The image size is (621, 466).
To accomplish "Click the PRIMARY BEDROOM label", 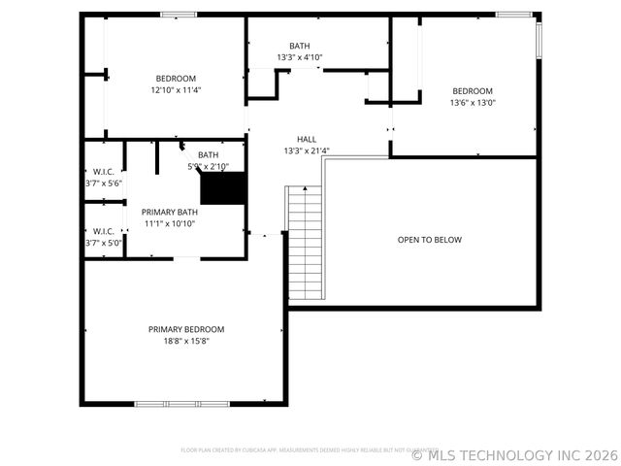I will click(x=185, y=329).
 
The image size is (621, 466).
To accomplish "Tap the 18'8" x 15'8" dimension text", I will click(x=185, y=341).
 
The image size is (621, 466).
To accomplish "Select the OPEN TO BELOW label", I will click(x=430, y=240).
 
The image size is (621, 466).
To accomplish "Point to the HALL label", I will click(x=307, y=139).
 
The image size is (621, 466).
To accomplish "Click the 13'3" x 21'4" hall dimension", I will click(x=307, y=150).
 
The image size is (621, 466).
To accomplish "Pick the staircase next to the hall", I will click(x=305, y=243).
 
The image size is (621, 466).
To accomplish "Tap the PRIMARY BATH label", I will click(x=170, y=212).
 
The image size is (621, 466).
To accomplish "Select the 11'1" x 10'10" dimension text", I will click(x=170, y=223).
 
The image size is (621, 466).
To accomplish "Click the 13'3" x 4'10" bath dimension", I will click(x=299, y=57).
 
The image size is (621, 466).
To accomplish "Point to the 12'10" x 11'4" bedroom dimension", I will click(x=176, y=90).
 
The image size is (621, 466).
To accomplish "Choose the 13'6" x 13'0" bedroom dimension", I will click(x=473, y=103).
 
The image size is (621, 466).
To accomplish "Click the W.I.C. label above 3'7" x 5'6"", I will click(x=103, y=172).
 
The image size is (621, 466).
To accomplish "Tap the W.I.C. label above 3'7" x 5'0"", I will click(x=103, y=231).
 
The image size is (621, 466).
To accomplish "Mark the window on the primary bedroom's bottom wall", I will click(x=181, y=403).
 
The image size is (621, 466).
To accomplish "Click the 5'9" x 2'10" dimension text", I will click(x=209, y=166).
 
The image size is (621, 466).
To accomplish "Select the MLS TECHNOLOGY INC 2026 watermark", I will click(x=515, y=454).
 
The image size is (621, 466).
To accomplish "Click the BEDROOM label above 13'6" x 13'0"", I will click(x=473, y=91).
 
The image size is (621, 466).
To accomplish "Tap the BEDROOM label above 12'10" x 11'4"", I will click(x=176, y=79).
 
